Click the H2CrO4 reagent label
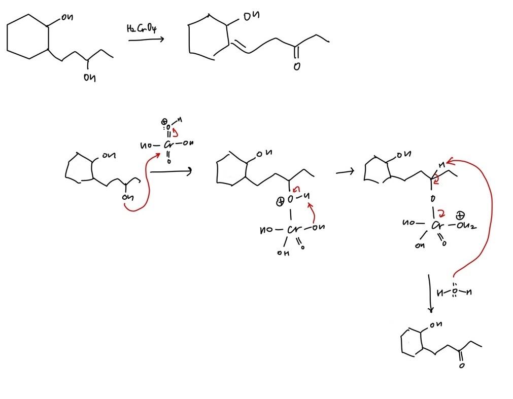[141, 28]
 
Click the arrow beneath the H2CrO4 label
[146, 39]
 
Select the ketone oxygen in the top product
[296, 66]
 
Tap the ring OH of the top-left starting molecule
[67, 18]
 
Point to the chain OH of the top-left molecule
[89, 78]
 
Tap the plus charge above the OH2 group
[462, 215]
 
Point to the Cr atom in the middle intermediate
[293, 230]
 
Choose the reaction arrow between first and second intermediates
[170, 172]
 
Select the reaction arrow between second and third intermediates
[345, 172]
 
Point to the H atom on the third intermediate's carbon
[442, 163]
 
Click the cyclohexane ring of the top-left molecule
[28, 37]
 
